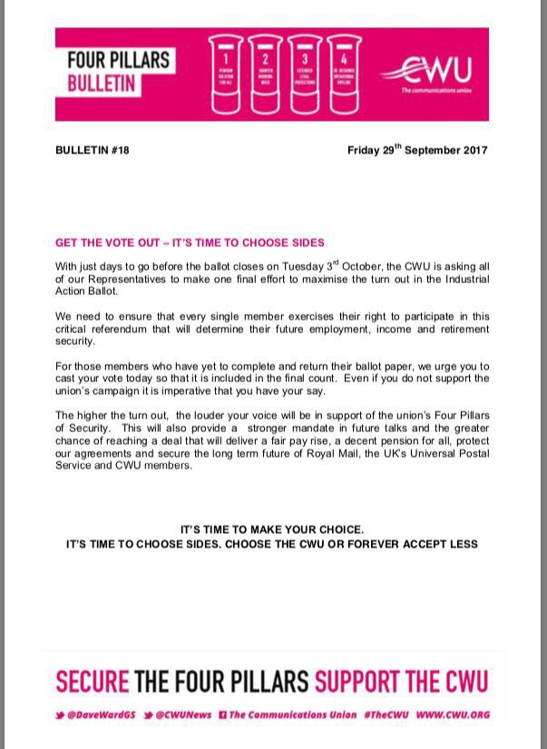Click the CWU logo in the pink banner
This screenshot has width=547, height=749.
click(433, 76)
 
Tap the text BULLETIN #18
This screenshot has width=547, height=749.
click(93, 151)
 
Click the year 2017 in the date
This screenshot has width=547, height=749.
click(471, 150)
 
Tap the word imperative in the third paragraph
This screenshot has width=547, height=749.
click(259, 390)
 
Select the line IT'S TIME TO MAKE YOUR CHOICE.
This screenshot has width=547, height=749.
click(272, 529)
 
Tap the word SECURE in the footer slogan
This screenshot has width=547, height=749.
click(93, 682)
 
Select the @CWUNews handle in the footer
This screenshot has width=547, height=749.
click(182, 715)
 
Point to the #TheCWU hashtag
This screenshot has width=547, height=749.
click(387, 715)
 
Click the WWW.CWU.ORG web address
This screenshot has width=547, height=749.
click(454, 715)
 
